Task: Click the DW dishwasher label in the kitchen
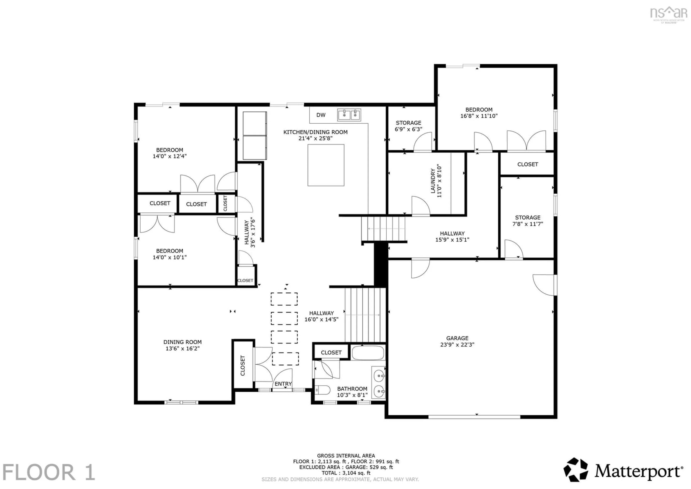[321, 115]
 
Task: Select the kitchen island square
[326, 165]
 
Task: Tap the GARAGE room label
[457, 338]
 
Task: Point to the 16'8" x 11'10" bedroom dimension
[479, 116]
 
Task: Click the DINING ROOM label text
[182, 342]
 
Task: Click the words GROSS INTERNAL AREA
[346, 456]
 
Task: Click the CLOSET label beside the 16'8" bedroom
[527, 164]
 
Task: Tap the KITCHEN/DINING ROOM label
[315, 132]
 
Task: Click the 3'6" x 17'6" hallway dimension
[253, 233]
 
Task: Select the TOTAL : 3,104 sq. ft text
[346, 473]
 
